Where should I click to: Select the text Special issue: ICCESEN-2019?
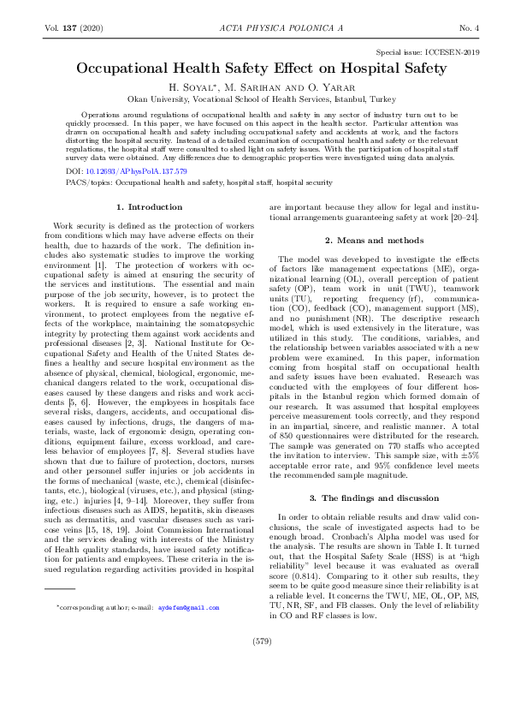click(420, 52)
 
